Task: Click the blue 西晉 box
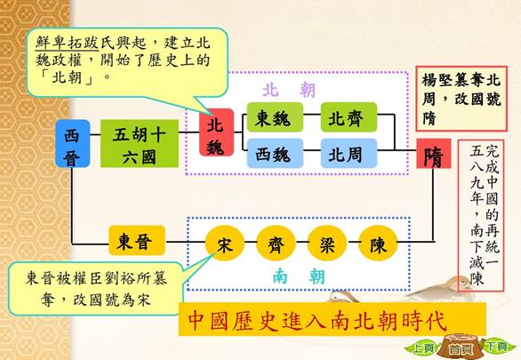(x=72, y=143)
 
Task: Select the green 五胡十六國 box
(x=140, y=143)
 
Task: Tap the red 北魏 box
(x=216, y=132)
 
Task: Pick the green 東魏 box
(x=275, y=117)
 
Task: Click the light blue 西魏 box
(x=275, y=154)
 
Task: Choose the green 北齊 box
(x=349, y=117)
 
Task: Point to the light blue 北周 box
(x=349, y=154)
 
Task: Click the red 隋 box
(x=434, y=154)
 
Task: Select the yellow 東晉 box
(x=137, y=240)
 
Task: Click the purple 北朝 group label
(x=289, y=90)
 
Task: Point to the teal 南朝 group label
(x=299, y=276)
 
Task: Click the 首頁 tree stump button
(x=461, y=348)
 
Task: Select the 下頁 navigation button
(x=497, y=347)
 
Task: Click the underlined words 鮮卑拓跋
(x=67, y=44)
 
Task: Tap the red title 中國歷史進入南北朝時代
(x=317, y=321)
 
